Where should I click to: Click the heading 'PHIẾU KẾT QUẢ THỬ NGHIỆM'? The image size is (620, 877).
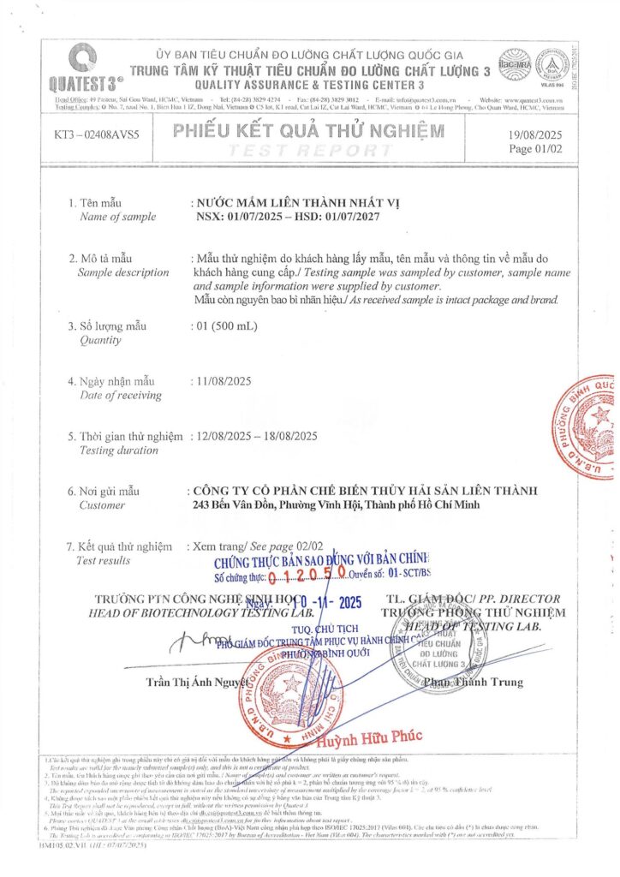pyautogui.click(x=308, y=132)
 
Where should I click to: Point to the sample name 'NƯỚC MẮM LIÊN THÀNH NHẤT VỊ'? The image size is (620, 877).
pyautogui.click(x=297, y=202)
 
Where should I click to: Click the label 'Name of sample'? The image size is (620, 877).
pyautogui.click(x=117, y=217)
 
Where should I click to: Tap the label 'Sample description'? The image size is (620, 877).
pyautogui.click(x=123, y=272)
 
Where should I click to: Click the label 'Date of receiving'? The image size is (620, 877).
pyautogui.click(x=120, y=395)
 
